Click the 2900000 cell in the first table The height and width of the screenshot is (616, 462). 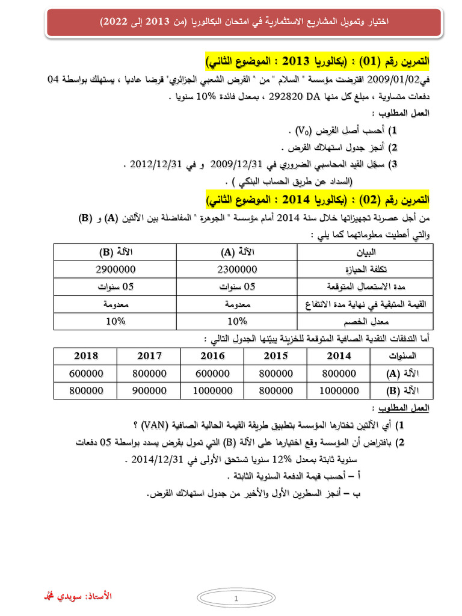pyautogui.click(x=115, y=269)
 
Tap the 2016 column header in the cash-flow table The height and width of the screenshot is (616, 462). pyautogui.click(x=212, y=356)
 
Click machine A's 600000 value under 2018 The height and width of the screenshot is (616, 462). pyautogui.click(x=86, y=373)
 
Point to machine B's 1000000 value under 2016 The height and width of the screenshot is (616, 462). pyautogui.click(x=212, y=390)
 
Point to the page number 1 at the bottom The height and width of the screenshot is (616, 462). pyautogui.click(x=236, y=599)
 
